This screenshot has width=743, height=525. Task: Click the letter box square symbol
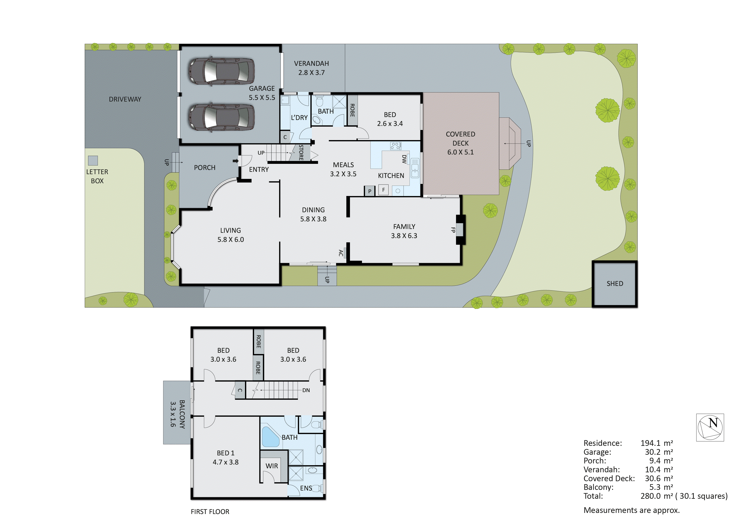point(93,160)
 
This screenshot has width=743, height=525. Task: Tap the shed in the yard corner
point(614,284)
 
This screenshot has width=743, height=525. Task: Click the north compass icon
point(710,427)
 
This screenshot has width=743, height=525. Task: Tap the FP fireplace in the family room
point(460,230)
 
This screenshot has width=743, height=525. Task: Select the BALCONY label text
point(178,414)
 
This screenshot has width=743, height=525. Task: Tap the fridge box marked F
point(383,190)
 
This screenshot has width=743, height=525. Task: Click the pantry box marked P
point(369,191)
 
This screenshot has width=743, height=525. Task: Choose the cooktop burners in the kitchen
point(396,146)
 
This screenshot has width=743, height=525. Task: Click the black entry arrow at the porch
point(235,161)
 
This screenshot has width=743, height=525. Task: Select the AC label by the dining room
point(340,253)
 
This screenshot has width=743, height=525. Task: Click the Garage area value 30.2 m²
point(659,452)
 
